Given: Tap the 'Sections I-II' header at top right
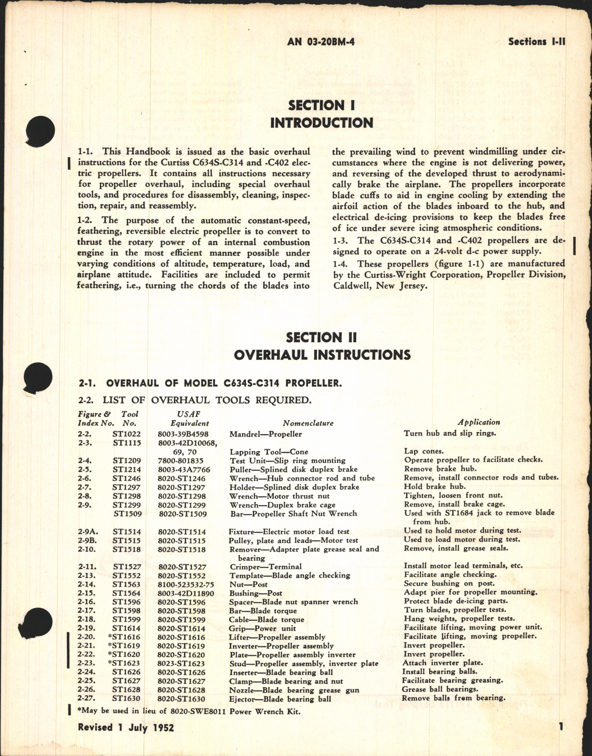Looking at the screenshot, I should (536, 42).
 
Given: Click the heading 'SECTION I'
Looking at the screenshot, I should (321, 105).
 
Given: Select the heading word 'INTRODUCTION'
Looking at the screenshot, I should (321, 123).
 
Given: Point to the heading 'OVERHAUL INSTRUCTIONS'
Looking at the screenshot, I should (322, 355).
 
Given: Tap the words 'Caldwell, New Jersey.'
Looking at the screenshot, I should (380, 286).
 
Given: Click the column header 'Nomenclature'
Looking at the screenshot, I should (308, 423).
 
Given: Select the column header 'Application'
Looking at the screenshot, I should (479, 422).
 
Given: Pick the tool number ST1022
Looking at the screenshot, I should (127, 434).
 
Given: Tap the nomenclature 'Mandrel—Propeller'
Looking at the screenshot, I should (266, 434).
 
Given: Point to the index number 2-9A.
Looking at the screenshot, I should (87, 532).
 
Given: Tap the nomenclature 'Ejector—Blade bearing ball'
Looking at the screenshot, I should (280, 699).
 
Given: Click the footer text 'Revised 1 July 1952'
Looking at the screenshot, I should (126, 727).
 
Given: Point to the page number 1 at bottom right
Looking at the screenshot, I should (561, 727).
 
